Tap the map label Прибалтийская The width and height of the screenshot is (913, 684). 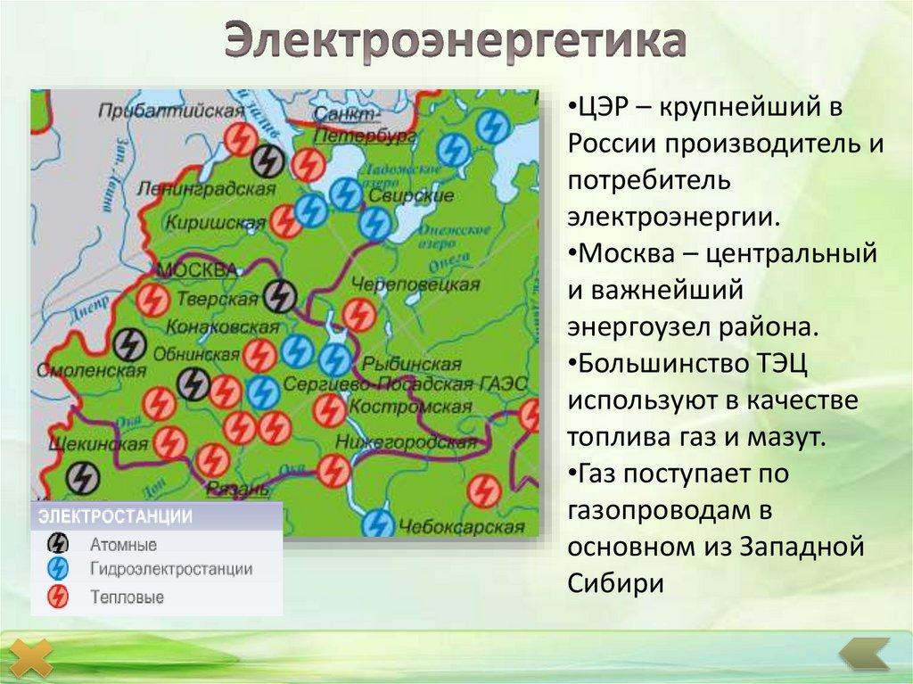170,110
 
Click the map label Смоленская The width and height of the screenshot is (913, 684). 89,368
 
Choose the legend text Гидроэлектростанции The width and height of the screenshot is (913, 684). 170,569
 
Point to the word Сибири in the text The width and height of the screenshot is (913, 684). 615,582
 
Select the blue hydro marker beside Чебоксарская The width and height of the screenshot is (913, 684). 379,522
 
